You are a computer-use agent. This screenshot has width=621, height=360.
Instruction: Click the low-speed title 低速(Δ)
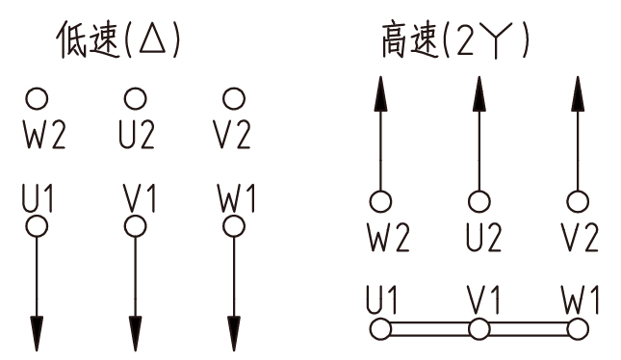[x=118, y=40]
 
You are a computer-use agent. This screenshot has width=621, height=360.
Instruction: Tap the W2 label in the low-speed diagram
[x=44, y=136]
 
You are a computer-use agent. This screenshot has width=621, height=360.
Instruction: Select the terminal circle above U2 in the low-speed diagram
[x=135, y=98]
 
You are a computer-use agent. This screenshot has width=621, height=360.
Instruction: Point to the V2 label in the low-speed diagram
[x=231, y=136]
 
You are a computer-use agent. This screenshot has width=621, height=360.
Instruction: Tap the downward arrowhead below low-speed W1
[x=232, y=331]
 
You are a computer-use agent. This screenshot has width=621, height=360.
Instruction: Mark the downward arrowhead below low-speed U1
[x=37, y=331]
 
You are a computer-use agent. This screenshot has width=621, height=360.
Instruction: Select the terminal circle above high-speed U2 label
[x=478, y=201]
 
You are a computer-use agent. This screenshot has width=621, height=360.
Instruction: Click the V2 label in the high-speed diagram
[x=578, y=238]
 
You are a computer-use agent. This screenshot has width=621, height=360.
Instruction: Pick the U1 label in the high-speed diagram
[x=381, y=299]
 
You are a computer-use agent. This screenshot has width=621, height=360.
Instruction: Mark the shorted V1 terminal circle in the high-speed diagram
[x=478, y=329]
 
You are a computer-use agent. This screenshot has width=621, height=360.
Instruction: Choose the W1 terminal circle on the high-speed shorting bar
[x=577, y=329]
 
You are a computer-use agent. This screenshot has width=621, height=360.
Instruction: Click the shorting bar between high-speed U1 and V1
[x=429, y=329]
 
